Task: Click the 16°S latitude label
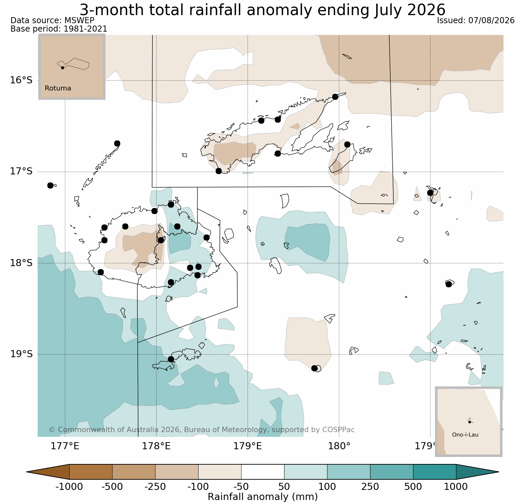tap(21, 80)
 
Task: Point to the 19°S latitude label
tap(21, 354)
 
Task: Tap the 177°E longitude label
tap(65, 446)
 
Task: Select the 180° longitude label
tap(339, 446)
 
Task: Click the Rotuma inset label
tap(58, 88)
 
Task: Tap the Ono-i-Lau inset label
tap(465, 435)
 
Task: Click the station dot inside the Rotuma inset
tap(62, 68)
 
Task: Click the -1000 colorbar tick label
tap(69, 487)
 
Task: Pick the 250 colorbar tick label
tap(370, 487)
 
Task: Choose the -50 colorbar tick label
tap(241, 487)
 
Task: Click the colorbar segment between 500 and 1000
tap(435, 472)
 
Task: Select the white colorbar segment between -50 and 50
tap(263, 472)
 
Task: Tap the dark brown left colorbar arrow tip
tap(27, 472)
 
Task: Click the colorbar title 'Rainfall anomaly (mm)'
tap(263, 497)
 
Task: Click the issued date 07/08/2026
tap(491, 20)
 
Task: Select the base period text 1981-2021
tap(85, 29)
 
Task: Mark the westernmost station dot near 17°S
tap(50, 185)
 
